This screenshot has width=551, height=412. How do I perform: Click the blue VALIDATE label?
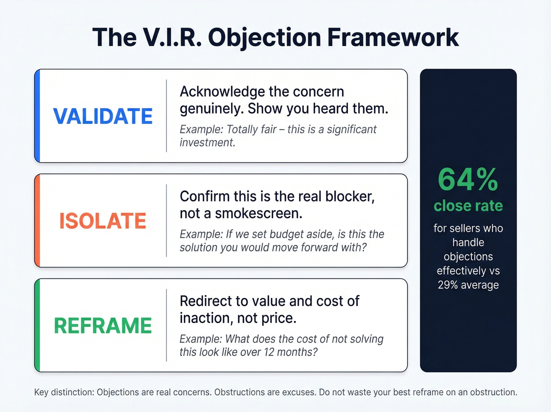click(103, 116)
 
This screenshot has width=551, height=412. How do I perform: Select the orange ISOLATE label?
click(103, 221)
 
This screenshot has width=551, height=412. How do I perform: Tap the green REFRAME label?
click(103, 326)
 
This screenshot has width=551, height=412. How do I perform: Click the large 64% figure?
click(468, 180)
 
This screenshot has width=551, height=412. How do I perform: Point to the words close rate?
click(468, 206)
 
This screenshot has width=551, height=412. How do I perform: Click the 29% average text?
click(468, 285)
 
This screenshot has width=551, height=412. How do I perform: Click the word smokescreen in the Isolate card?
click(259, 213)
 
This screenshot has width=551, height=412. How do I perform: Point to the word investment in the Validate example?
click(207, 142)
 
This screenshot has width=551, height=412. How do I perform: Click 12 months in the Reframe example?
click(281, 352)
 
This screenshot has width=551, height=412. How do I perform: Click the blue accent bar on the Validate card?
click(37, 116)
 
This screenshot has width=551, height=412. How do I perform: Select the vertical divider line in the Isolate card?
click(166, 220)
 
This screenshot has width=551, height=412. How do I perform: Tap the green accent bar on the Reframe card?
click(37, 325)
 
